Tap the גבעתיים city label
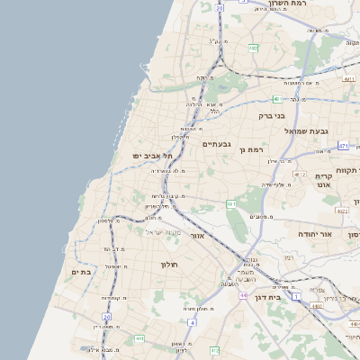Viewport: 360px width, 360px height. pyautogui.click(x=217, y=144)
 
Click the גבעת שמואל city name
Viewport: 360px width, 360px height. pyautogui.click(x=310, y=130)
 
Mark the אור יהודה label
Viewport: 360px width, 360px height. pyautogui.click(x=315, y=234)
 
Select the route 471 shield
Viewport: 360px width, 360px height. pyautogui.click(x=343, y=145)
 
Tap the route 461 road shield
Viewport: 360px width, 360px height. pyautogui.click(x=231, y=204)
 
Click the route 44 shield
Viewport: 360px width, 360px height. pyautogui.click(x=243, y=294)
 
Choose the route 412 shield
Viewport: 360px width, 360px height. pyautogui.click(x=213, y=349)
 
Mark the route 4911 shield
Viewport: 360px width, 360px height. pyautogui.click(x=347, y=79)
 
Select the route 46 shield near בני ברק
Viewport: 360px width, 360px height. pyautogui.click(x=276, y=98)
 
